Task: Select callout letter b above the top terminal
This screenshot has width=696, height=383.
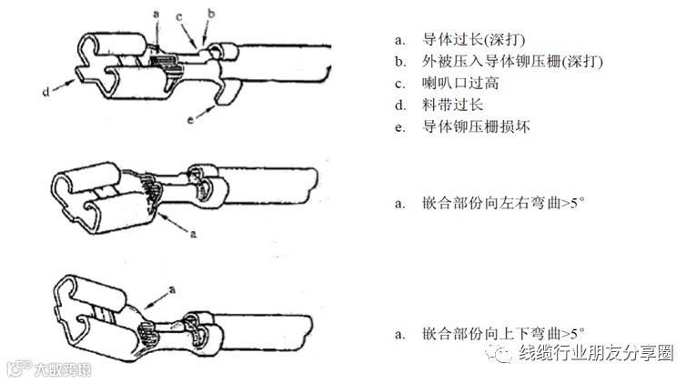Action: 211,15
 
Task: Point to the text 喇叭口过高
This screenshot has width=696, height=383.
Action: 460,84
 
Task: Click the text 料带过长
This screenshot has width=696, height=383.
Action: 452,106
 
